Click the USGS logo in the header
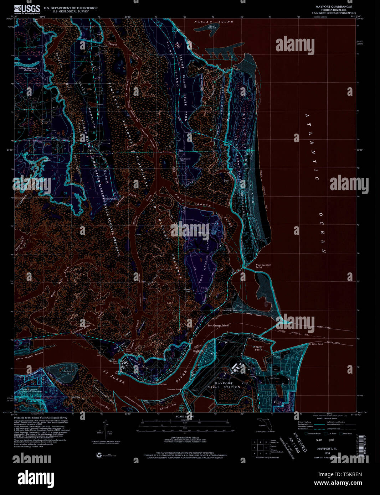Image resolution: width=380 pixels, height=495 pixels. (x=27, y=9)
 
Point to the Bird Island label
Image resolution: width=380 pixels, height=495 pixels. (x=212, y=27)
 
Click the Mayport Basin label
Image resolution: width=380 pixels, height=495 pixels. (x=258, y=348)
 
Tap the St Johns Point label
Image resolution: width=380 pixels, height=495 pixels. (x=316, y=344)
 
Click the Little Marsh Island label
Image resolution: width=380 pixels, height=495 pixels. (x=29, y=353)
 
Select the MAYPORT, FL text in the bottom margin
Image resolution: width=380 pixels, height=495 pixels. (x=328, y=449)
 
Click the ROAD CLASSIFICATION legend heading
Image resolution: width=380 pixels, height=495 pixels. (x=327, y=418)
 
